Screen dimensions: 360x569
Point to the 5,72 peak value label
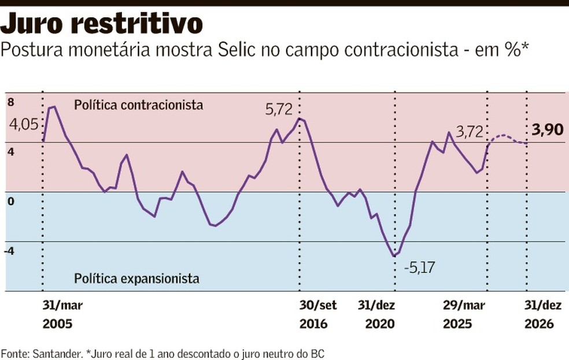[x=279, y=109]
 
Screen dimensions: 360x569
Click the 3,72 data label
[x=469, y=132]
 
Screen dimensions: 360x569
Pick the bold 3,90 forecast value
[x=547, y=130]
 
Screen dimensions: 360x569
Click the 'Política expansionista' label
[x=136, y=279]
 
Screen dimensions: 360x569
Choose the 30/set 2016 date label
[x=317, y=314]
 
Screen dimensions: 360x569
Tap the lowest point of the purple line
[x=394, y=255]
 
